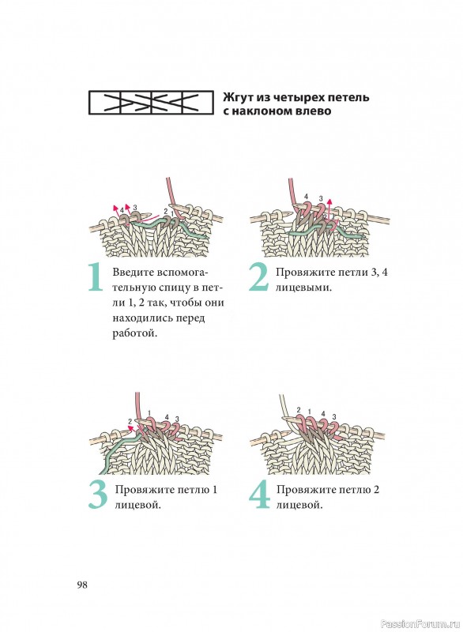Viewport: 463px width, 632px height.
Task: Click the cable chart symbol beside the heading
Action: tap(151, 103)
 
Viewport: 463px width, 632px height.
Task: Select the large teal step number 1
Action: tap(96, 277)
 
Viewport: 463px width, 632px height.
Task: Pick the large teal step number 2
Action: tap(258, 277)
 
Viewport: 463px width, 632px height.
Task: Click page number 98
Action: tap(82, 585)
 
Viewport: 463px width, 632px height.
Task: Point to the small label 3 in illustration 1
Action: tap(134, 207)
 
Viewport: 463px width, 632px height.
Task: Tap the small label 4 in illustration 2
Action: tap(307, 196)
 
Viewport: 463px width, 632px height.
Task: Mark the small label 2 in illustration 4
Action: tap(299, 410)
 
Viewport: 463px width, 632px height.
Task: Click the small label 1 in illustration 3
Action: tap(149, 412)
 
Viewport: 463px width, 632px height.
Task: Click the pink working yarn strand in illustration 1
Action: tap(171, 197)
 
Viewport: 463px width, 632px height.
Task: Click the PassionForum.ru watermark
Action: tap(420, 624)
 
